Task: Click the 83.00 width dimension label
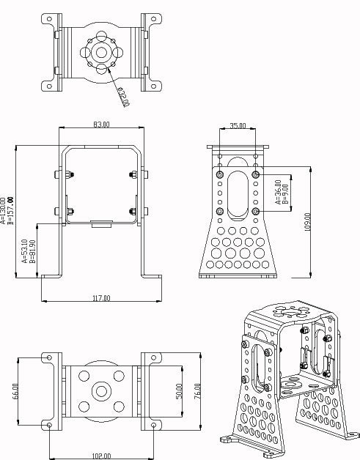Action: point(101,125)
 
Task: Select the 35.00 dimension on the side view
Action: point(238,126)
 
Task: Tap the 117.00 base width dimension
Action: point(101,298)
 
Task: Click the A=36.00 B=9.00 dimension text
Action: point(281,192)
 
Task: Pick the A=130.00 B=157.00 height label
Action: point(7,210)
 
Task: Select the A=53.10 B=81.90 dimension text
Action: point(29,251)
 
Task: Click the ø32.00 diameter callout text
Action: point(122,96)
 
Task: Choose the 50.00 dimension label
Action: point(179,390)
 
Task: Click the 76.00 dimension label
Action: point(196,390)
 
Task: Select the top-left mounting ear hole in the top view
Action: point(49,18)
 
